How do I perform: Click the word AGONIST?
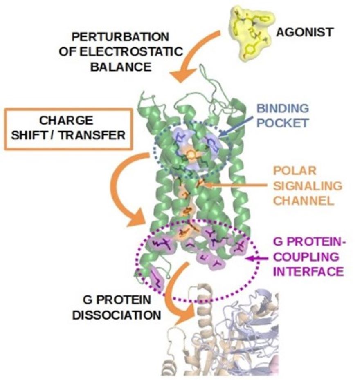click(x=305, y=32)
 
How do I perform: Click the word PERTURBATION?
click(x=121, y=37)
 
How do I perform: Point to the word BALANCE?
click(x=121, y=67)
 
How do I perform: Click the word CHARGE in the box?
click(x=66, y=121)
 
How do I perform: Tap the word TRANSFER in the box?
click(x=92, y=136)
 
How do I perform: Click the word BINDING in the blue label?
click(x=283, y=108)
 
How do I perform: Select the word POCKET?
click(x=283, y=123)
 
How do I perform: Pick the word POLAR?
click(x=295, y=171)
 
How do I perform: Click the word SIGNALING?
click(x=308, y=186)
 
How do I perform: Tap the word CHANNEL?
click(x=304, y=201)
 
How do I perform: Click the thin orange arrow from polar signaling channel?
click(x=235, y=186)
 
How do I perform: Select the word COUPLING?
click(x=306, y=257)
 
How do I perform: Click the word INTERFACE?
click(x=308, y=272)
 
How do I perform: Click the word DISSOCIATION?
click(x=117, y=315)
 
